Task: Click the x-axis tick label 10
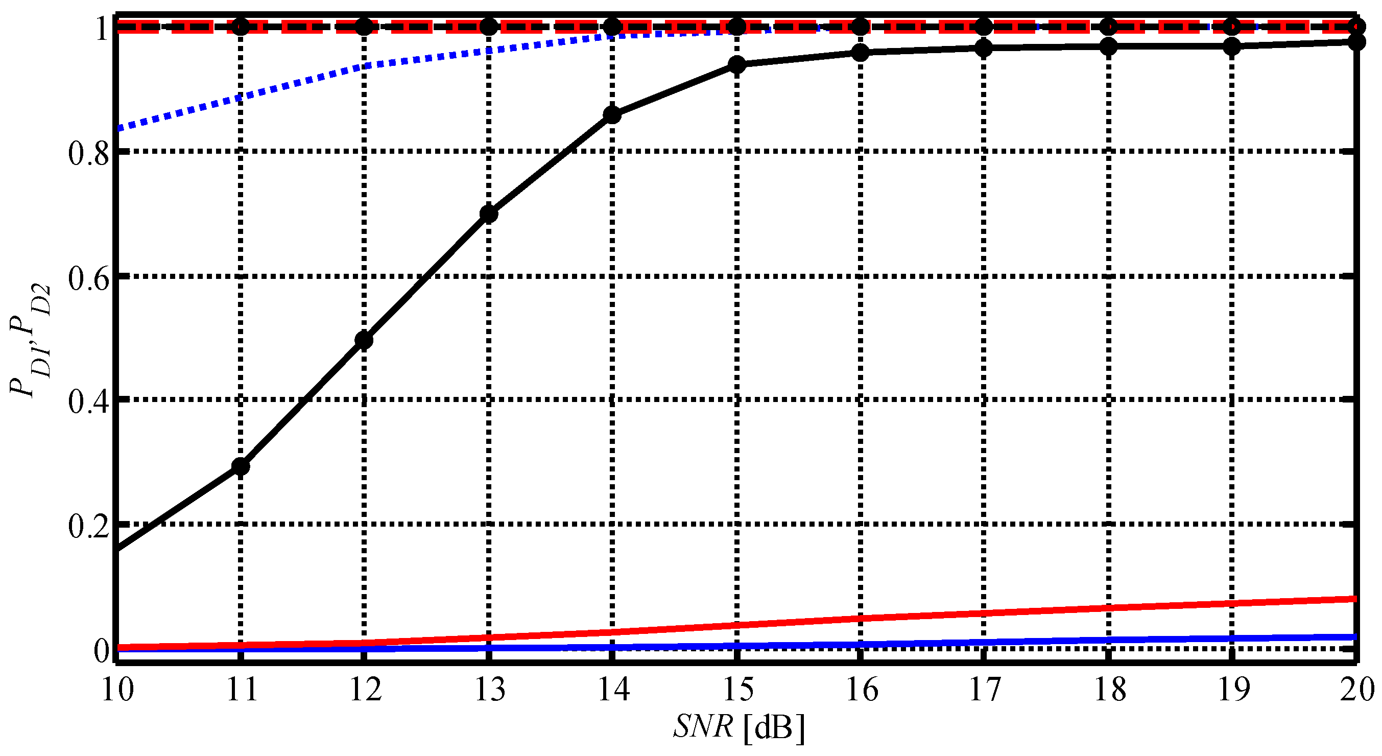pyautogui.click(x=117, y=690)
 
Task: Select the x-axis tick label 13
pyautogui.click(x=490, y=690)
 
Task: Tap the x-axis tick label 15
pyautogui.click(x=738, y=690)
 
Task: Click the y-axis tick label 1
pyautogui.click(x=102, y=28)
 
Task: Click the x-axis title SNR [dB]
pyautogui.click(x=740, y=727)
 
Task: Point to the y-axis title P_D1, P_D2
pyautogui.click(x=30, y=340)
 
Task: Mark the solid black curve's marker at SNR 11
pyautogui.click(x=241, y=467)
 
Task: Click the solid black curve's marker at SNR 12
pyautogui.click(x=364, y=340)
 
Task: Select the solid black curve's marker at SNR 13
pyautogui.click(x=489, y=214)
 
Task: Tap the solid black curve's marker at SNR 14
pyautogui.click(x=612, y=115)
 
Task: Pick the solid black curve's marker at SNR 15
pyautogui.click(x=737, y=65)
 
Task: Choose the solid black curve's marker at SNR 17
pyautogui.click(x=984, y=49)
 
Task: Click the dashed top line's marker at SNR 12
pyautogui.click(x=364, y=26)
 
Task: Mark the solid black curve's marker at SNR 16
pyautogui.click(x=861, y=53)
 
